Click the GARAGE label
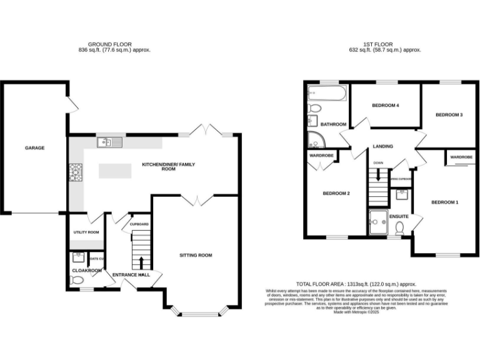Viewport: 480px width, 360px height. click(34, 148)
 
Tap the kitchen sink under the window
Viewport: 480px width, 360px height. click(108, 142)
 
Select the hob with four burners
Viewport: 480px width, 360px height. click(76, 171)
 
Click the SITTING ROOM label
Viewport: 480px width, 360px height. click(196, 255)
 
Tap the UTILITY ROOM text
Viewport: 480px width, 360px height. click(86, 232)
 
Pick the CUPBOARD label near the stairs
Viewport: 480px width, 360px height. click(139, 224)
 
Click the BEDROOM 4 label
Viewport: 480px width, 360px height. click(385, 106)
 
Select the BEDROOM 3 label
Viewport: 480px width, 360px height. click(448, 115)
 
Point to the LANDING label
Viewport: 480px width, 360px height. click(382, 146)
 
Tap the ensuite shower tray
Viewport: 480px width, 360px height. click(377, 222)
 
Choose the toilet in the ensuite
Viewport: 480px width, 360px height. click(399, 230)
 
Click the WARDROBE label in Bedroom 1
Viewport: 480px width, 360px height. click(461, 157)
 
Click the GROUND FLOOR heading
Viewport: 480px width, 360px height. click(104, 44)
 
